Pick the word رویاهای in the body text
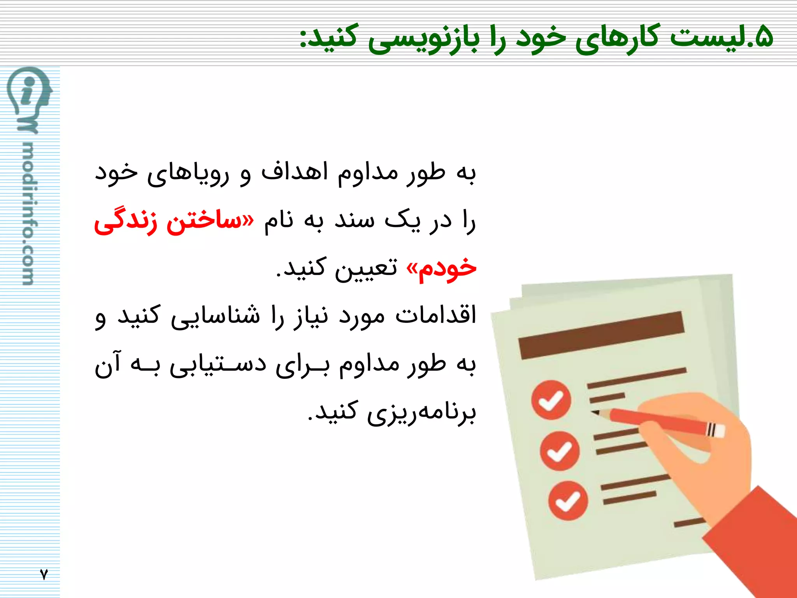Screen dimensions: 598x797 188,174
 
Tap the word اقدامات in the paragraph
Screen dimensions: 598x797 435,315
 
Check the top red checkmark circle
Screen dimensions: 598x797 551,400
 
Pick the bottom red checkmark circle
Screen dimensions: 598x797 568,501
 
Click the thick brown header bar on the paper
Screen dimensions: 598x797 601,335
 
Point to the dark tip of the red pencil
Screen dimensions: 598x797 595,412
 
